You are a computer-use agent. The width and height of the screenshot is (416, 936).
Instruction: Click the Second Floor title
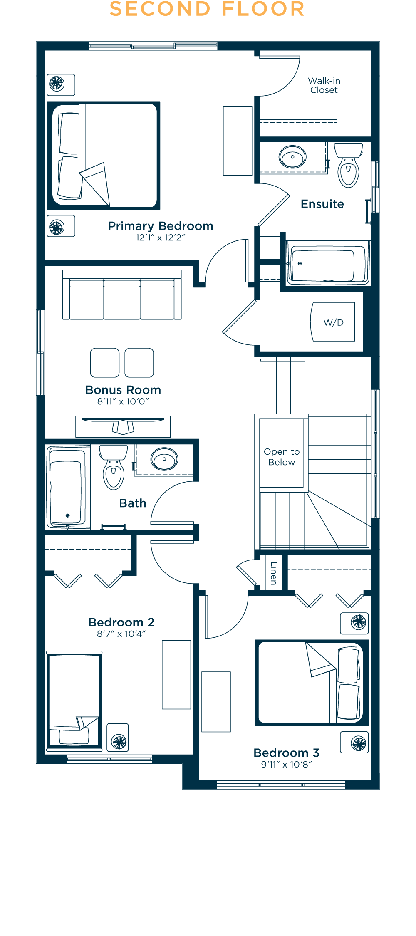[x=207, y=9]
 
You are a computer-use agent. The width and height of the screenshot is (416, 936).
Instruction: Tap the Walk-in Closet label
[x=324, y=85]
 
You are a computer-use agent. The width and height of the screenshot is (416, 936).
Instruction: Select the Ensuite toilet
[x=349, y=165]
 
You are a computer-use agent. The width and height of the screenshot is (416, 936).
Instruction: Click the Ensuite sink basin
[x=292, y=157]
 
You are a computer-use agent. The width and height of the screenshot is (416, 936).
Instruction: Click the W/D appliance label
[x=334, y=322]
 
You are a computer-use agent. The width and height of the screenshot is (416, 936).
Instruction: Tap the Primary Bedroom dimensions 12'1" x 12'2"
[x=161, y=238]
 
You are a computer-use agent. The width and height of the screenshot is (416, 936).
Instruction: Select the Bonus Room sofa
[x=122, y=295]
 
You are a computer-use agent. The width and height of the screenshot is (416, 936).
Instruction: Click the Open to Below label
[x=282, y=457]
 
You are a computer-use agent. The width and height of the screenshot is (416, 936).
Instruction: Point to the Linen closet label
[x=273, y=573]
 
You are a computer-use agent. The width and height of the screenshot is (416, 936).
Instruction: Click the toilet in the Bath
[x=113, y=467]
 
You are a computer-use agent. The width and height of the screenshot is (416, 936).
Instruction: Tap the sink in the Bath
[x=165, y=459]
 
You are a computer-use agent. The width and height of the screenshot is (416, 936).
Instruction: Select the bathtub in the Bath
[x=68, y=487]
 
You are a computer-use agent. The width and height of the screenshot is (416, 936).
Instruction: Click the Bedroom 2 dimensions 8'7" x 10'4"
[x=121, y=634]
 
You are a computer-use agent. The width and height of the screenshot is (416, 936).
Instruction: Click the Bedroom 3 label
[x=287, y=753]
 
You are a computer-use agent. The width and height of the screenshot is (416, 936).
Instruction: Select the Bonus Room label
[x=123, y=390]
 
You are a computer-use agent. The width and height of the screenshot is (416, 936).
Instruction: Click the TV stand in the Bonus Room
[x=123, y=426]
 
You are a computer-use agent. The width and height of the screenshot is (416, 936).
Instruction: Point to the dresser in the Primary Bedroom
[x=238, y=141]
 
